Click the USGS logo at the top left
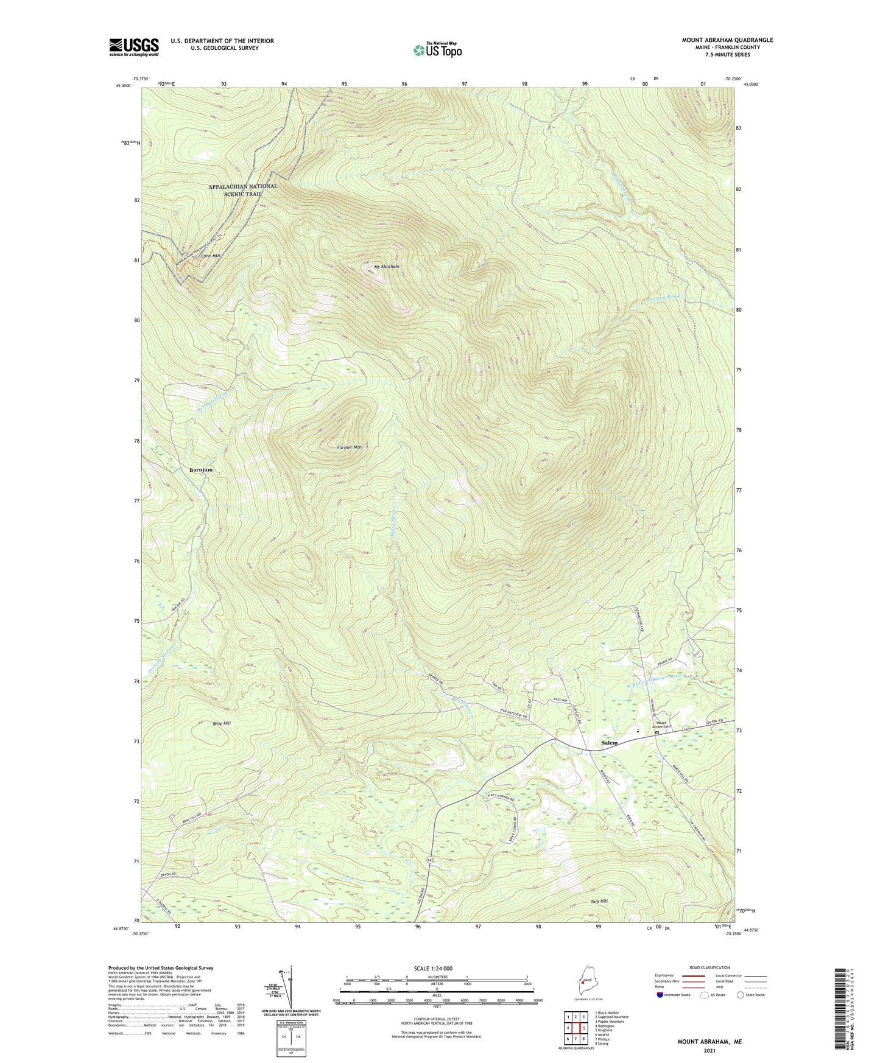click(133, 47)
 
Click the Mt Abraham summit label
click(387, 267)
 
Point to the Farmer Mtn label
click(350, 447)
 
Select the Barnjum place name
click(201, 470)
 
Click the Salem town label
click(609, 743)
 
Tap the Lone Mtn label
click(210, 256)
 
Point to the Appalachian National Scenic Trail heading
click(242, 189)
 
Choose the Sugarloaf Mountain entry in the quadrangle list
click(613, 1017)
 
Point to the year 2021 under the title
click(709, 1051)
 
